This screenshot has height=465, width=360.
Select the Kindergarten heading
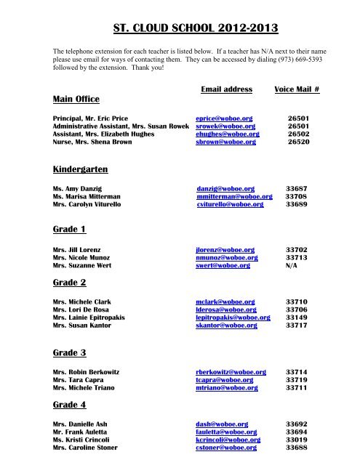pos(80,169)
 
